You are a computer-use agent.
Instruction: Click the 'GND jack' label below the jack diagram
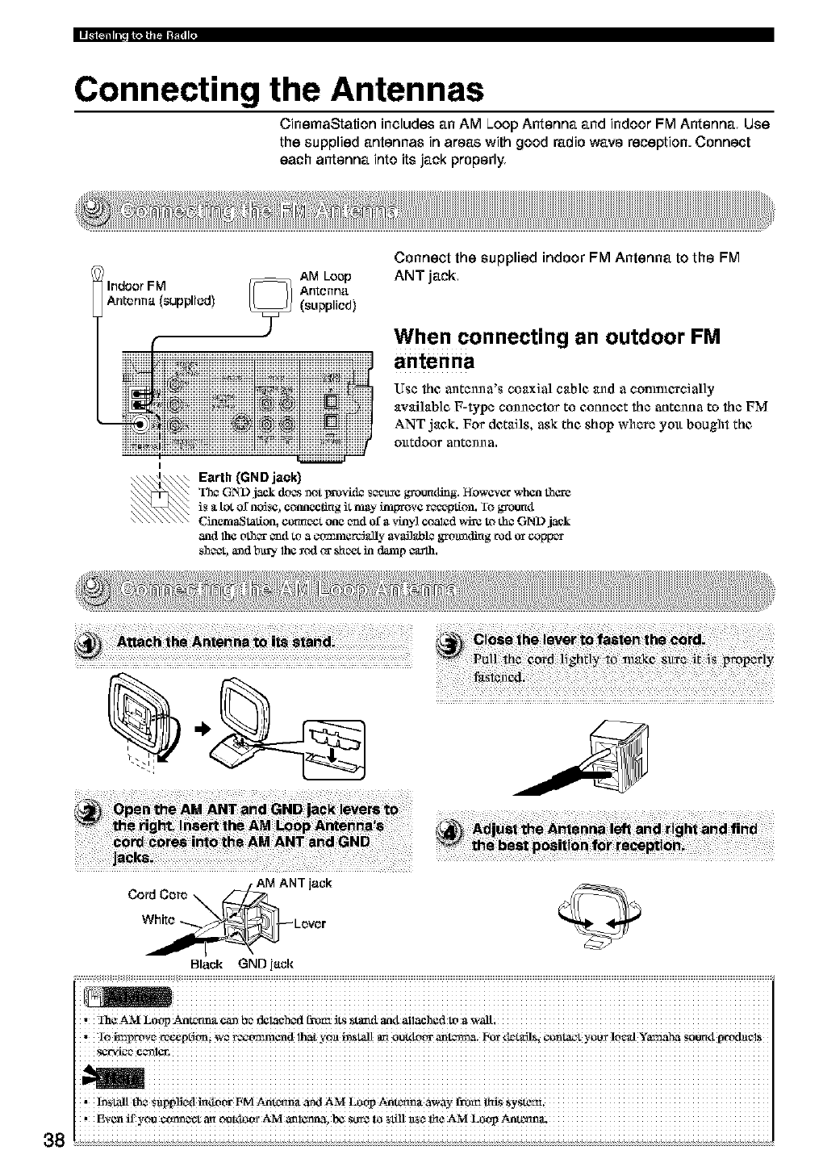(x=265, y=964)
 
